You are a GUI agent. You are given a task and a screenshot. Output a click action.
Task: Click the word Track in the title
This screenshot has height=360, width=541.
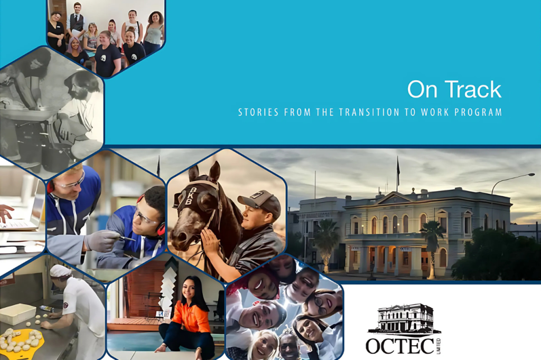[471, 89]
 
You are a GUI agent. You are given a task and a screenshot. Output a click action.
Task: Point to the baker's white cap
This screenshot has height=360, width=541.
[60, 271]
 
